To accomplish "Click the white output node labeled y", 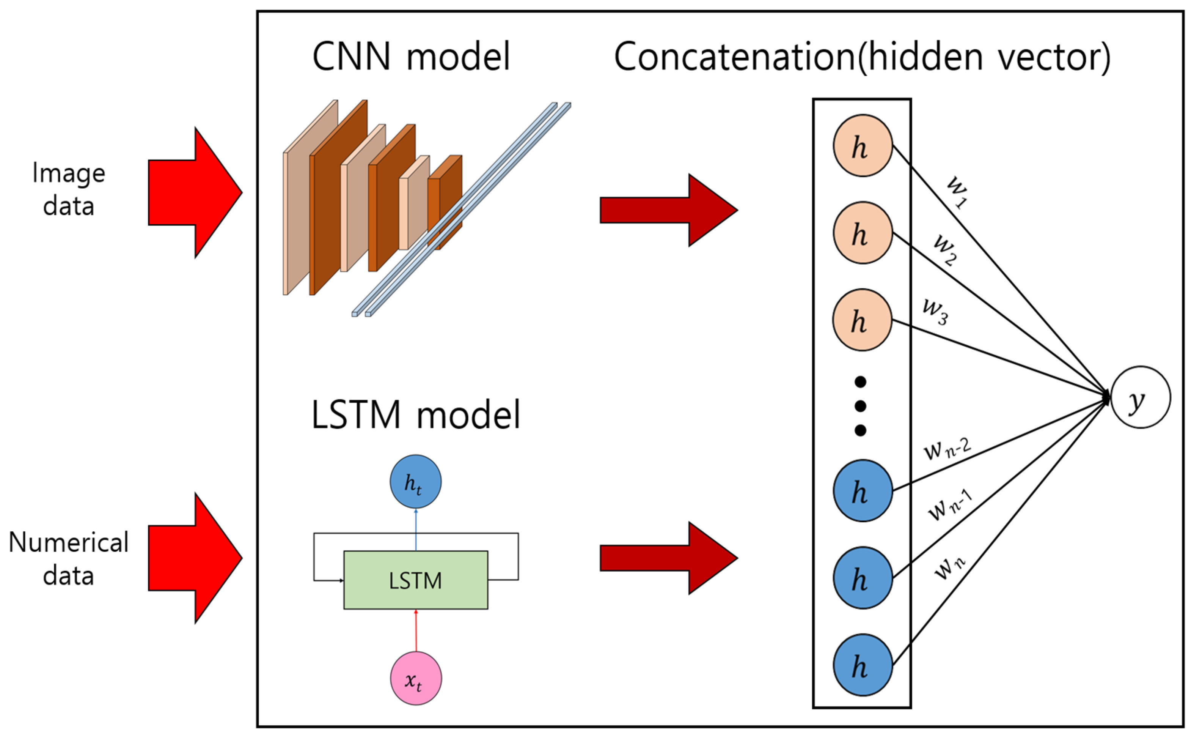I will click(1140, 397).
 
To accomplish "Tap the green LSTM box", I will click(416, 580).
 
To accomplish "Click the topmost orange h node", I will click(863, 146).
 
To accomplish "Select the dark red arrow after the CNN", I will click(668, 210).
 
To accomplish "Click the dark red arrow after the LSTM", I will click(668, 558).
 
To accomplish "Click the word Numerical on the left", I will click(68, 542).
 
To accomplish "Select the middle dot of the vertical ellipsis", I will click(860, 406).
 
